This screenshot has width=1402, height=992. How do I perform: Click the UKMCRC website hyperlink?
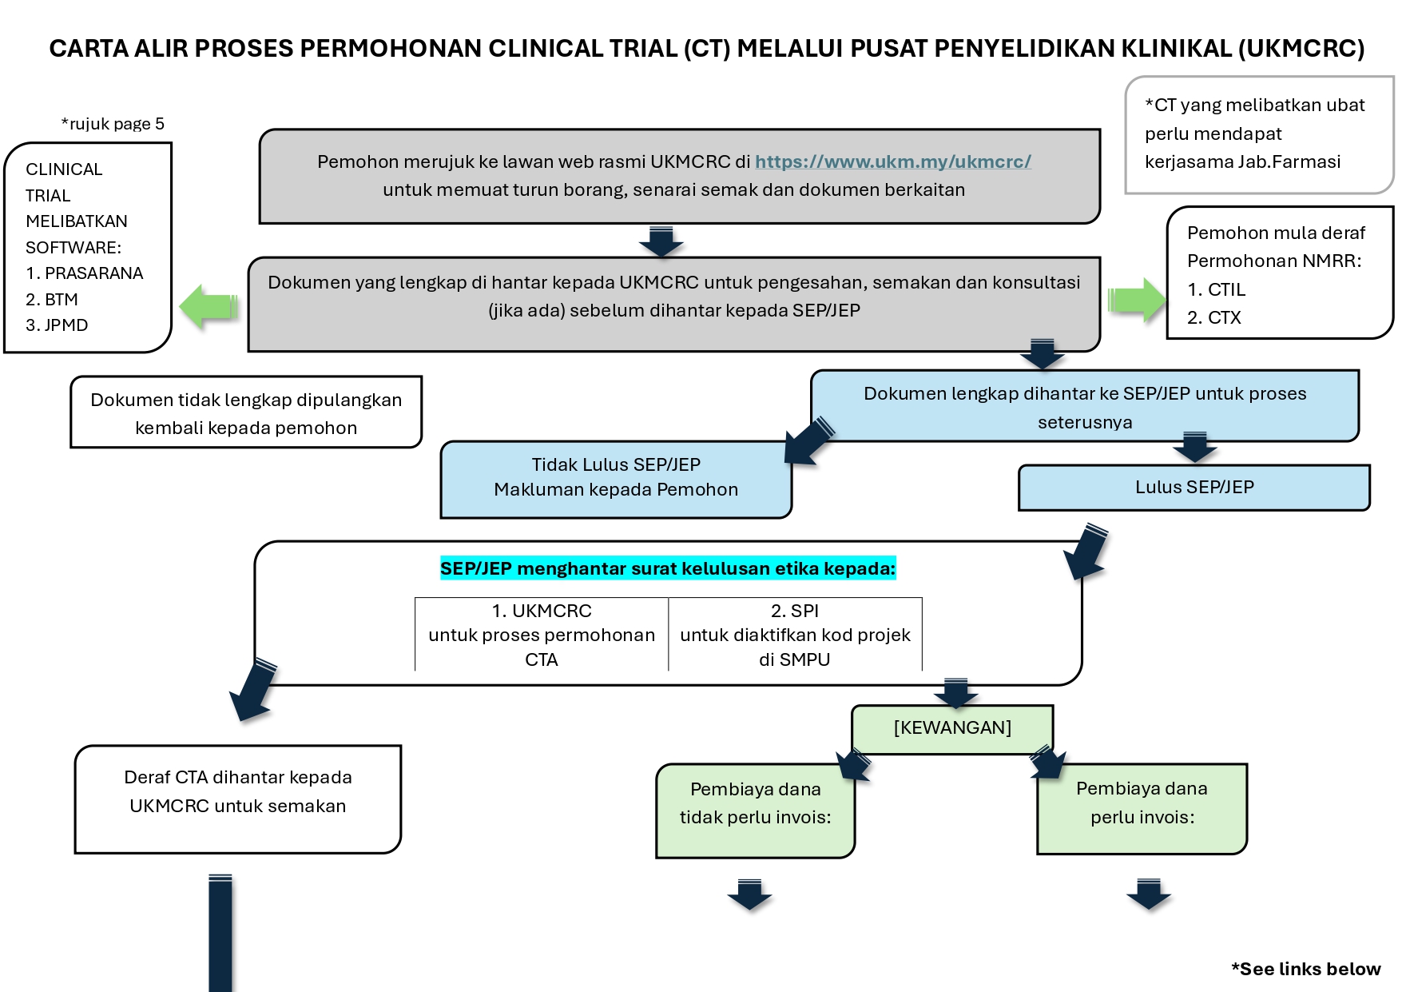(893, 161)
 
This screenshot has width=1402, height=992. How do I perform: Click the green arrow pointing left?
(209, 307)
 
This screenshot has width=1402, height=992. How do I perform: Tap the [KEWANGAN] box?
(952, 728)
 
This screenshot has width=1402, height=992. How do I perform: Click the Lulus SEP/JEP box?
(1194, 488)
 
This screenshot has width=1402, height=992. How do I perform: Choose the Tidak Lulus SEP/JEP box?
(616, 479)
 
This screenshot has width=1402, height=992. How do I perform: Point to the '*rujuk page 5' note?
(113, 124)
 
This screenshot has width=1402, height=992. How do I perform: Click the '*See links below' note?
(1306, 969)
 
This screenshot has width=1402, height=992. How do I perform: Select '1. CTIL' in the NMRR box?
(1216, 289)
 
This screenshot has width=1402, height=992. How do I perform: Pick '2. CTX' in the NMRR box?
(1214, 317)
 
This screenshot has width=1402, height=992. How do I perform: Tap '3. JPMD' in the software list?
(57, 325)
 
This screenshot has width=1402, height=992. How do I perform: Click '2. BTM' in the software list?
(52, 300)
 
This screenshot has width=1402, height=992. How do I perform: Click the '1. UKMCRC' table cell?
(542, 635)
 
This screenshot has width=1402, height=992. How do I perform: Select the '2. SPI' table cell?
(795, 635)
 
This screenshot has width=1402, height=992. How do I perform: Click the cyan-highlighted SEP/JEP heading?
(668, 568)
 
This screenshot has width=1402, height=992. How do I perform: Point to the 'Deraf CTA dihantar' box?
(238, 799)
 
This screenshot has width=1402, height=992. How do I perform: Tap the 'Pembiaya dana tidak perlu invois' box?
(755, 811)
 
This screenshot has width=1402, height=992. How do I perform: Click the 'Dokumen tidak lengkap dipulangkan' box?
(246, 412)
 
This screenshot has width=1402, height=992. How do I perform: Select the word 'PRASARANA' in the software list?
(94, 273)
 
